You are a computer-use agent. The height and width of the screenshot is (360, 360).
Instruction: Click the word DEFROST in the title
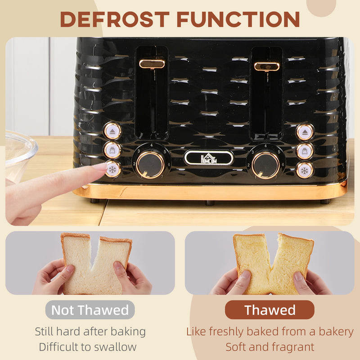tap(114, 19)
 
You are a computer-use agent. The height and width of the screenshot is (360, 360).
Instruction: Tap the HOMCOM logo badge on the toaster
tap(209, 157)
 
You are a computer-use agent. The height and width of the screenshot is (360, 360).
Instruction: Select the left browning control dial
tap(150, 165)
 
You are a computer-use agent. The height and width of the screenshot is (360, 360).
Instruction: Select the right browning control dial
tap(265, 165)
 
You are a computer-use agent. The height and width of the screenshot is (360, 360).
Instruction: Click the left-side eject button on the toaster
tap(112, 131)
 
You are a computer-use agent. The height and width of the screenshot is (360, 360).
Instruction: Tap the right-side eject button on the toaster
tap(305, 132)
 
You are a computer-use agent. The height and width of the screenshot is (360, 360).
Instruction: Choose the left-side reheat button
tap(112, 150)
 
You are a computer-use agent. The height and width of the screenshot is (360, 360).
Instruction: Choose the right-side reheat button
tap(305, 151)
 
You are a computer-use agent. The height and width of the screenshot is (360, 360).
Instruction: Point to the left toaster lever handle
tap(152, 64)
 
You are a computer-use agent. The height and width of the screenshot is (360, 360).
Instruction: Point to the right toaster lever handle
tap(267, 67)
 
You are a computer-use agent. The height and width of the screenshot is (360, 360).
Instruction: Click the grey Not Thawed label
tap(90, 310)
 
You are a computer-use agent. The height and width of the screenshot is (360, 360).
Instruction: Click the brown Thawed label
tap(270, 310)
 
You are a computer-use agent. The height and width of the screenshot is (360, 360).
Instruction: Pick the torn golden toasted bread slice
tap(273, 263)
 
